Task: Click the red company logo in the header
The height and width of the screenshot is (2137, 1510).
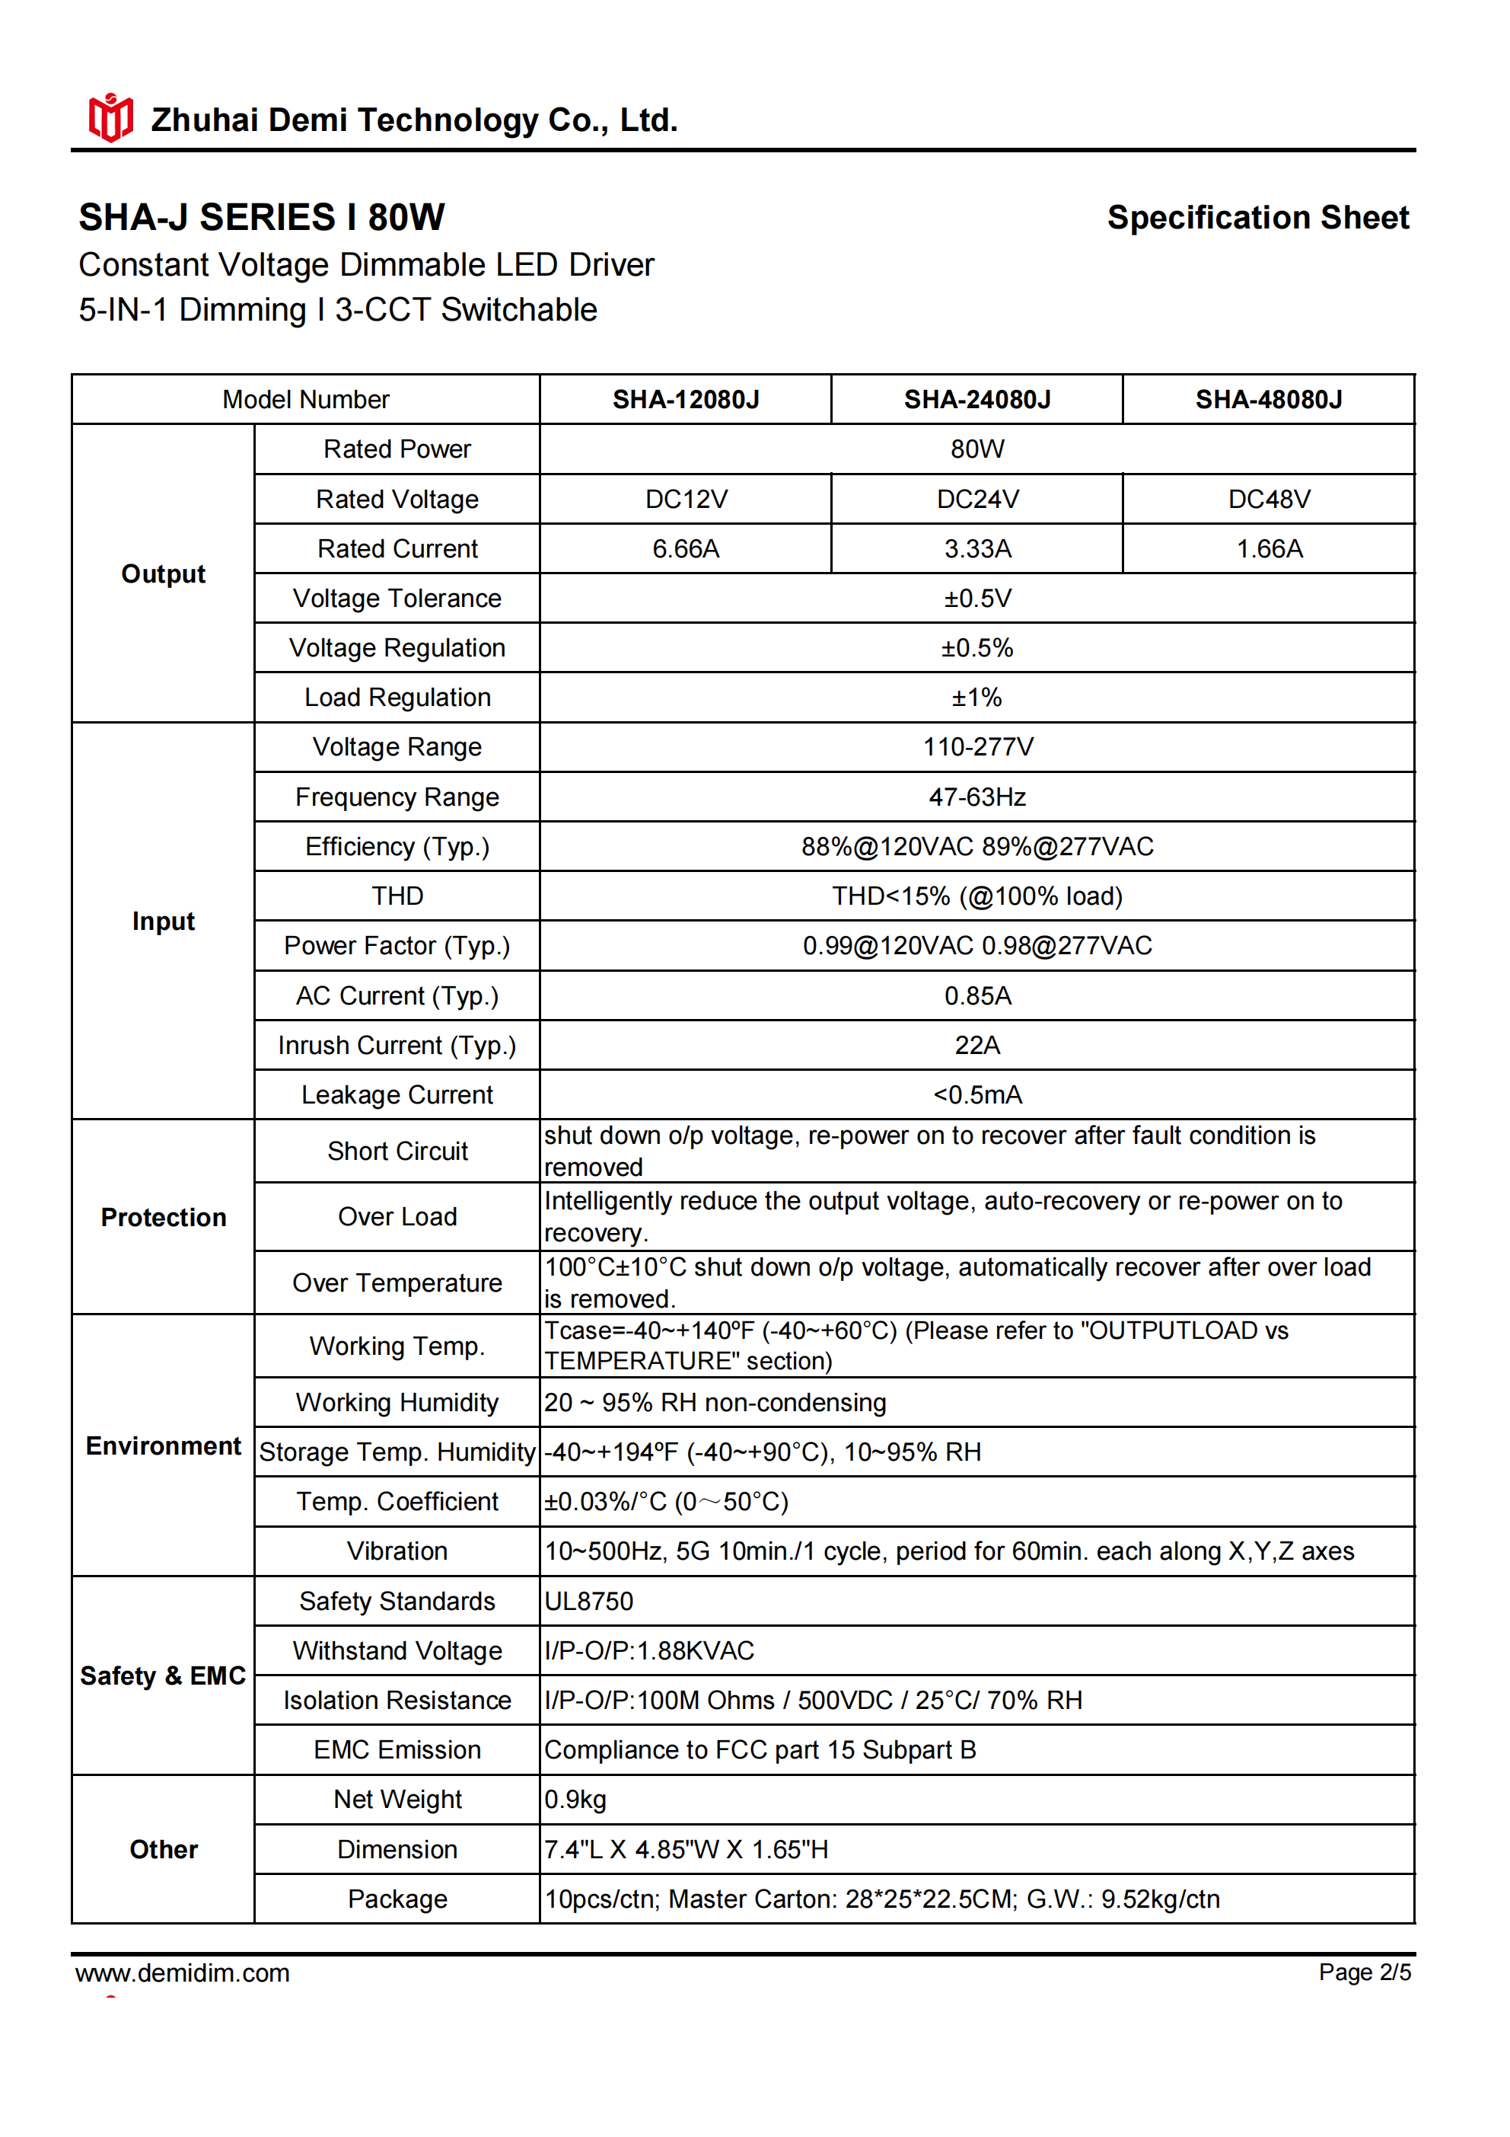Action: point(110,118)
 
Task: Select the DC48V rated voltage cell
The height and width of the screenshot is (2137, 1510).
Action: point(1268,499)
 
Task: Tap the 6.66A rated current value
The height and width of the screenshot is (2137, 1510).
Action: point(686,548)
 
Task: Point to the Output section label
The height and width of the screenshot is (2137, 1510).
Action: point(163,573)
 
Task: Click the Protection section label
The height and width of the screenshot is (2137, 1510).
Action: point(163,1218)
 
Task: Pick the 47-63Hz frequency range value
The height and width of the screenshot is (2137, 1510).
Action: point(977,797)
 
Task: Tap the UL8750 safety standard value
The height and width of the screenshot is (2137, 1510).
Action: point(589,1601)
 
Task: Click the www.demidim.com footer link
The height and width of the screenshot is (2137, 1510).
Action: point(183,1973)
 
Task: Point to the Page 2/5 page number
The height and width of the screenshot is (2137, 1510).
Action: point(1364,1972)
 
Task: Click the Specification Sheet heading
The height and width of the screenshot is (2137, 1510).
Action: point(1258,217)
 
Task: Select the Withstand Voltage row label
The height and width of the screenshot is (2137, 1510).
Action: point(397,1650)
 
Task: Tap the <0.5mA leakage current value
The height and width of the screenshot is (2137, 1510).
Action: point(977,1094)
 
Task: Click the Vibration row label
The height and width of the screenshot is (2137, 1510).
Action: point(397,1551)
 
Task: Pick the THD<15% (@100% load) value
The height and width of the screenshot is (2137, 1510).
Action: point(977,896)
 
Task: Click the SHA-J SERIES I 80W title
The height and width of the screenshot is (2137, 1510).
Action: point(262,217)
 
